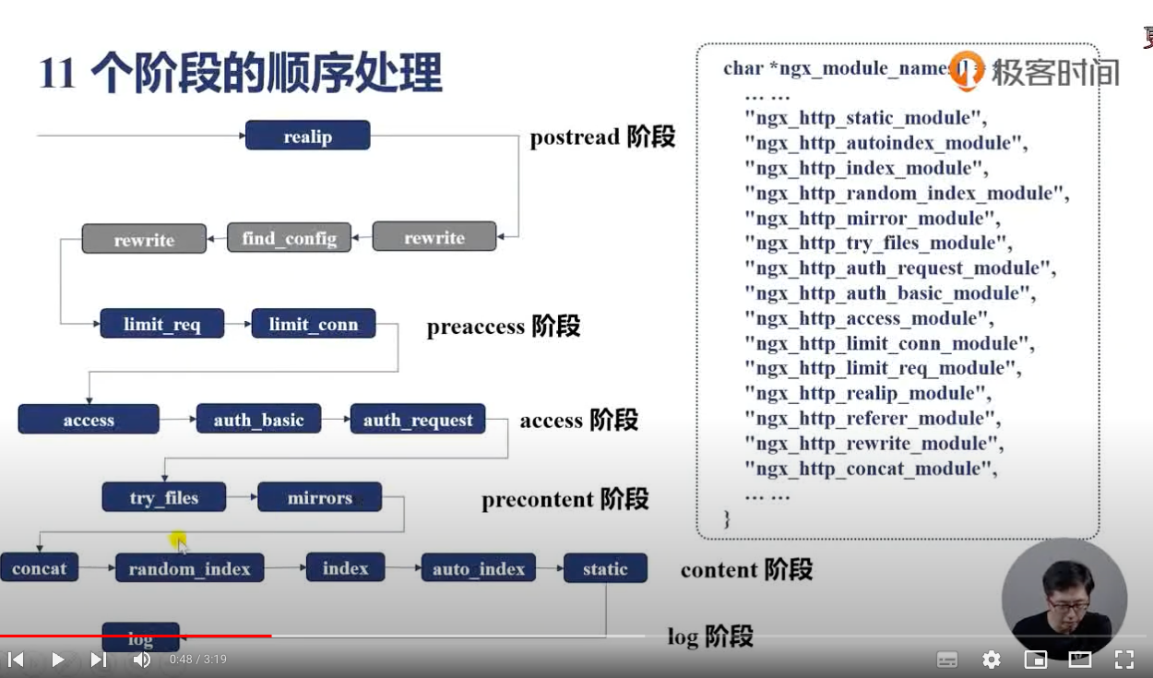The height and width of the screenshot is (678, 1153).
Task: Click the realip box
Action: tap(307, 136)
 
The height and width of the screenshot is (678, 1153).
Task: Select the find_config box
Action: tap(289, 238)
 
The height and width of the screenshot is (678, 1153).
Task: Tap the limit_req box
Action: tap(161, 324)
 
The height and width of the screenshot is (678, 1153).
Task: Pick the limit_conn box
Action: tap(313, 324)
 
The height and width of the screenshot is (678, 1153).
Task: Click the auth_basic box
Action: tap(258, 420)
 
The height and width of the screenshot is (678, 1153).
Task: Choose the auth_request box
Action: tap(417, 420)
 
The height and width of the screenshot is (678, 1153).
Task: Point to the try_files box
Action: tap(163, 498)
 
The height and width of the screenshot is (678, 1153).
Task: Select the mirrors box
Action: tap(319, 498)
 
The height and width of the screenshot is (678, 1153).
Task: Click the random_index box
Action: tap(189, 568)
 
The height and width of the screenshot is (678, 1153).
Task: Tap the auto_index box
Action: tap(478, 568)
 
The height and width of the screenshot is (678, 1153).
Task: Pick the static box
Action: tap(604, 568)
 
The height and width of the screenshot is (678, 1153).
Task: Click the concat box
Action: tap(39, 568)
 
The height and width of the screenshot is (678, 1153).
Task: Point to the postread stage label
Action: tap(601, 137)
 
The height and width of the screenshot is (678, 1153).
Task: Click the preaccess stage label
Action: tap(503, 327)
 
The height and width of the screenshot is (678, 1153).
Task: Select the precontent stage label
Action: tap(565, 500)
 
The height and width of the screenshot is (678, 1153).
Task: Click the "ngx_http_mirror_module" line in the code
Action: tap(872, 219)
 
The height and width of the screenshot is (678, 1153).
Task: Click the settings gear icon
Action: tap(992, 660)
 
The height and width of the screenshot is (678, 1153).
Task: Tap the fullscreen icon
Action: tap(1123, 660)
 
